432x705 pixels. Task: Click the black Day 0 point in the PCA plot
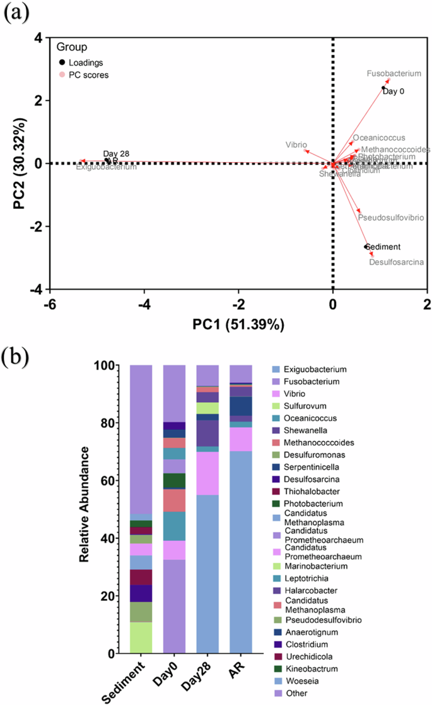click(383, 88)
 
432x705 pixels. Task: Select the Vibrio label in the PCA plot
click(296, 145)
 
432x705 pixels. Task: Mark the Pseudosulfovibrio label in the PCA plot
click(391, 218)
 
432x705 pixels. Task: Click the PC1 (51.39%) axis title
click(238, 325)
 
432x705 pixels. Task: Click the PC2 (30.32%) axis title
click(19, 163)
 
